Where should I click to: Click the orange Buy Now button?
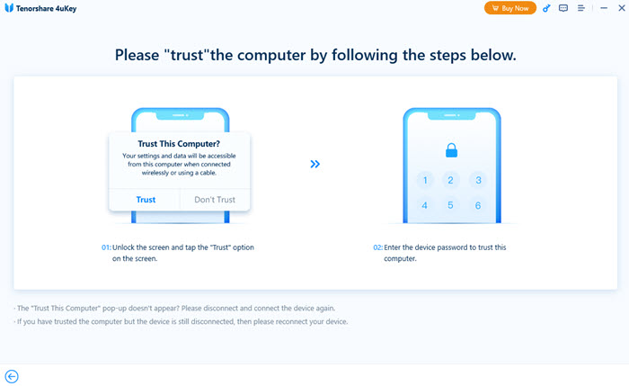point(510,8)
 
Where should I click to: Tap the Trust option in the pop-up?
point(146,200)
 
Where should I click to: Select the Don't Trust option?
point(214,200)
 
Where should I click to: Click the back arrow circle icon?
point(12,376)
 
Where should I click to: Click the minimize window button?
point(599,8)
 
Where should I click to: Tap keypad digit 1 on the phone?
point(424,180)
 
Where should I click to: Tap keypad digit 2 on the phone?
point(451,180)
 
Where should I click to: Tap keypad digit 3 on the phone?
point(479,180)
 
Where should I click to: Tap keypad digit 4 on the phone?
point(424,206)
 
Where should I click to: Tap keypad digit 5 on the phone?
point(451,206)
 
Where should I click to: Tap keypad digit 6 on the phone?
point(479,206)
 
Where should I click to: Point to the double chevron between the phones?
point(315,165)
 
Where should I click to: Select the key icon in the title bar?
point(547,8)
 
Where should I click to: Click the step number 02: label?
point(378,247)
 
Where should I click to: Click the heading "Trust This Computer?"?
point(179,144)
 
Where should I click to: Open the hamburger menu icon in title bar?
point(581,8)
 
